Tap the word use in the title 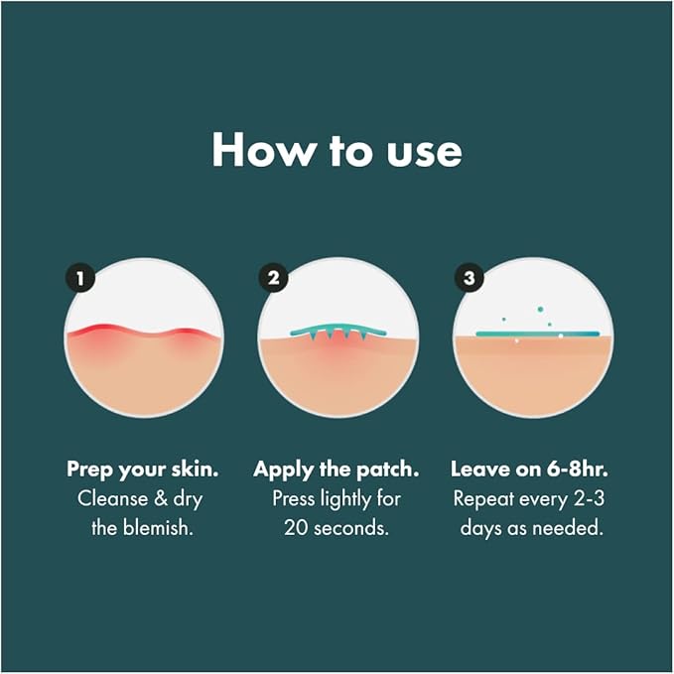(x=420, y=150)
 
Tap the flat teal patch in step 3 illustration (x=537, y=335)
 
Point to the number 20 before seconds (x=295, y=527)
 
